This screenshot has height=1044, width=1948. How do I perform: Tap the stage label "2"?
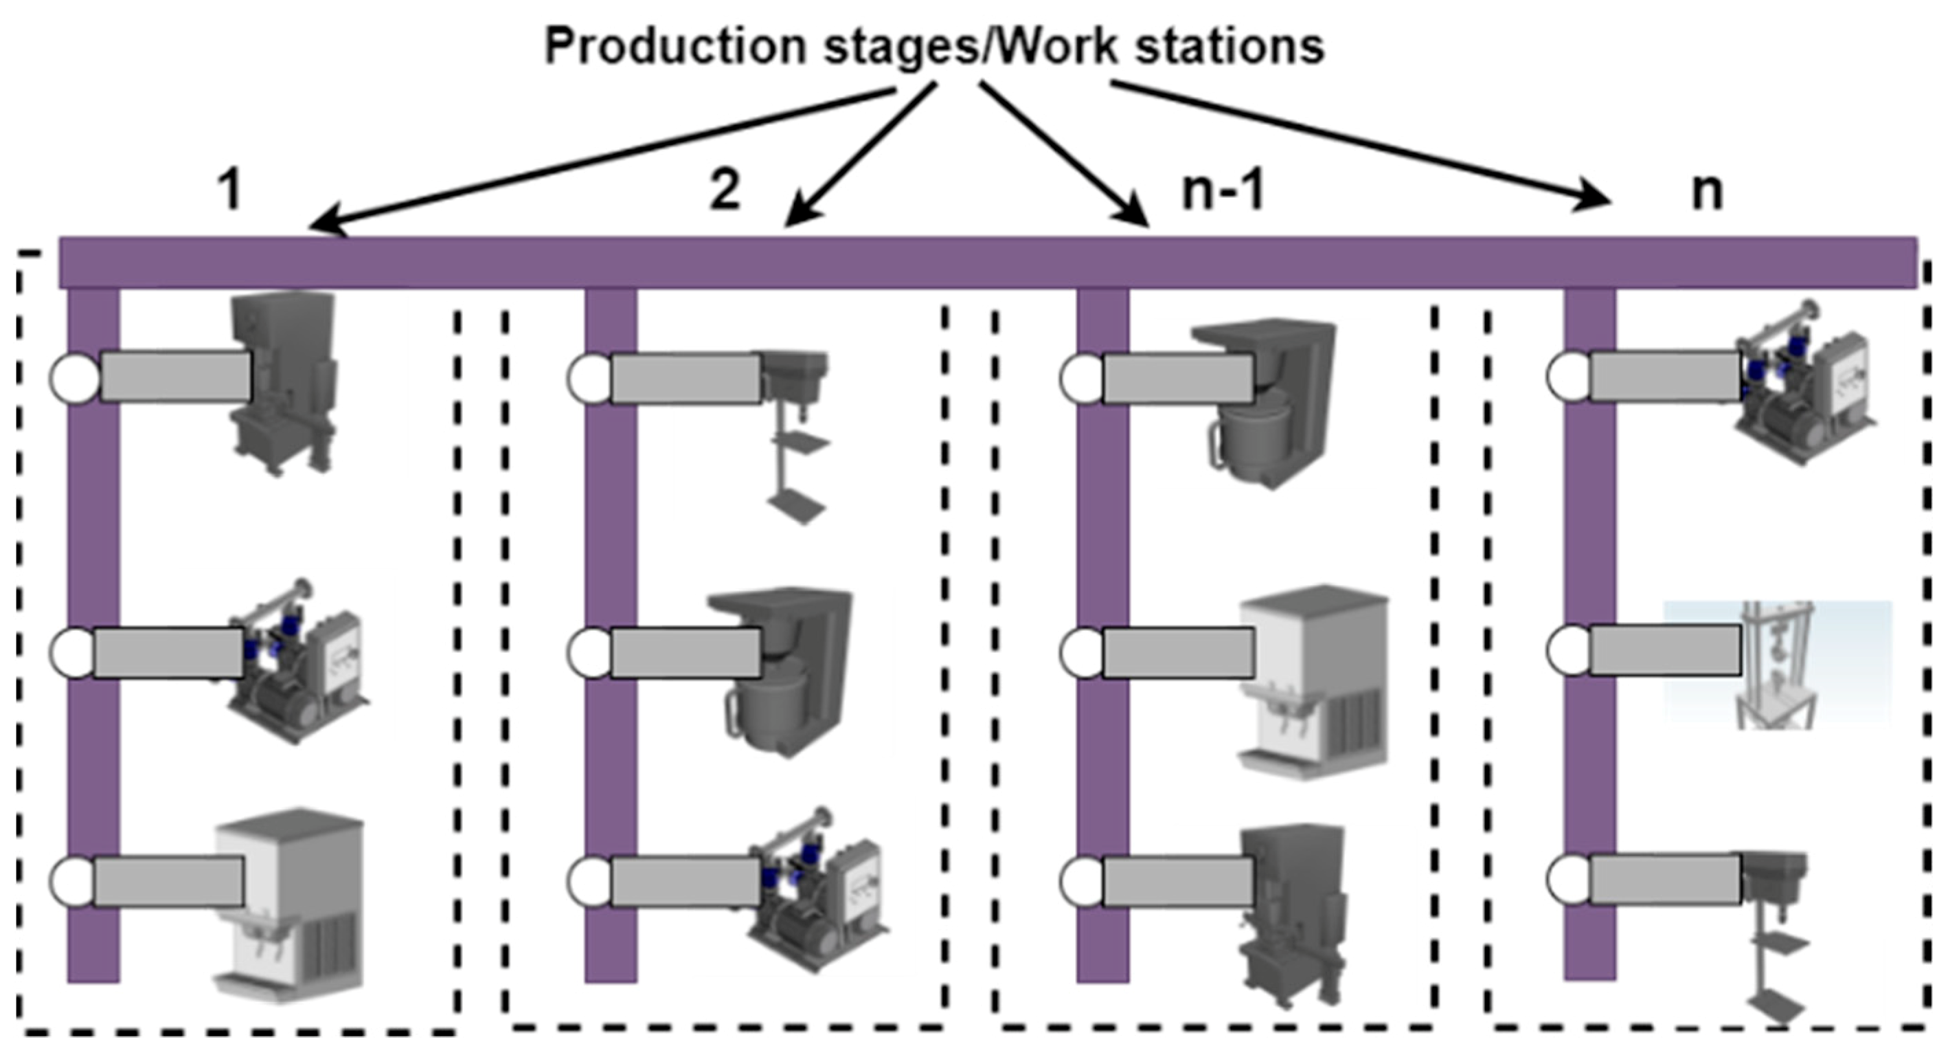point(725,190)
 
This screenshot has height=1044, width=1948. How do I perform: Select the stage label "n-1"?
point(1223,190)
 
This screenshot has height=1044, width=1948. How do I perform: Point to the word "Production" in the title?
point(677,47)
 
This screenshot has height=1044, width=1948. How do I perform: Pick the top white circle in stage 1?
point(76,377)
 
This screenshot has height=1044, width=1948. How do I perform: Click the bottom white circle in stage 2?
point(591,880)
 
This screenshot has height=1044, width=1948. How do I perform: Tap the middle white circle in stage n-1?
point(1083,653)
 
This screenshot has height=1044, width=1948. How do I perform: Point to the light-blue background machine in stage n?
point(1777,664)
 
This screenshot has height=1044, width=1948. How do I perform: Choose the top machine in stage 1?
point(284,382)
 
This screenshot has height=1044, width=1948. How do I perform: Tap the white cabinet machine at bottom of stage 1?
point(291,904)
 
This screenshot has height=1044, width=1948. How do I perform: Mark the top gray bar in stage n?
point(1664,376)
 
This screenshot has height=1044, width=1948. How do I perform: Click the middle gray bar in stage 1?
point(168,652)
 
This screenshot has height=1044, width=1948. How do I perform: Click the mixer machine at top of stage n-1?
point(1259,401)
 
